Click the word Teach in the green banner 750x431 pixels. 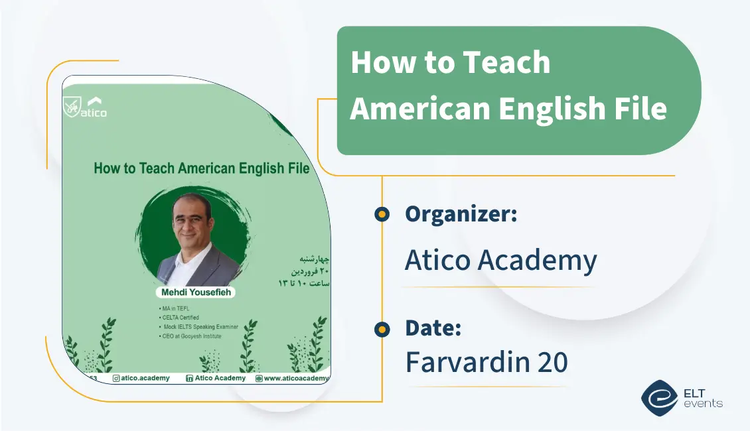point(506,63)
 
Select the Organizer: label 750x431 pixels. point(461,214)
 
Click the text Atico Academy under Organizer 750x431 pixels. point(500,261)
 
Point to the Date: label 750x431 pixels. point(433,328)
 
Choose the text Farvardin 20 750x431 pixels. point(487,362)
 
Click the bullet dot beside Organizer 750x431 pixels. point(382,214)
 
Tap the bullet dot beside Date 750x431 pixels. point(382,328)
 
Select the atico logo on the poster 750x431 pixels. point(84,107)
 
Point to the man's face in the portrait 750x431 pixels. point(192,215)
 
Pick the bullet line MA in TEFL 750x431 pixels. point(175,308)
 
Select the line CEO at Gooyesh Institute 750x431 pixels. point(189,336)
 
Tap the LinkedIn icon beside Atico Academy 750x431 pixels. point(189,378)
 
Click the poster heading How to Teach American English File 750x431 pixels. point(201,168)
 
